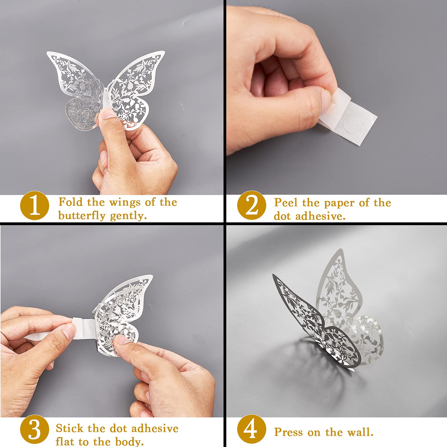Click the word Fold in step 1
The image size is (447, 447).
pyautogui.click(x=70, y=202)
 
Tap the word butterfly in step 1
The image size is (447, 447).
pyautogui.click(x=82, y=216)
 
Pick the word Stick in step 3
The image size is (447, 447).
pyautogui.click(x=69, y=428)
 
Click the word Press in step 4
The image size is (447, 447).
pyautogui.click(x=288, y=432)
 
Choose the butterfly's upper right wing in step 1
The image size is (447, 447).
pyautogui.click(x=137, y=74)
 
